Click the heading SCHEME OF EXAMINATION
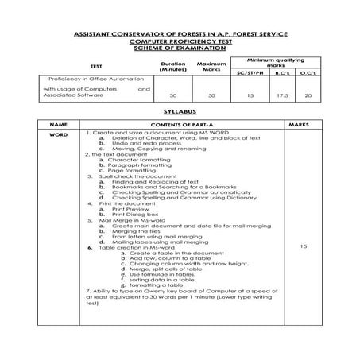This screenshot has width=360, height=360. [180, 48]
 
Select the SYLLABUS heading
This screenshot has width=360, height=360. [179, 113]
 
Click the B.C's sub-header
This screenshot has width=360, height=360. [281, 72]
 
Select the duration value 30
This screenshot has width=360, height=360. [172, 95]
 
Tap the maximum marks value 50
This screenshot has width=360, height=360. [211, 95]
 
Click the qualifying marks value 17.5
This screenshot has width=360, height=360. [281, 95]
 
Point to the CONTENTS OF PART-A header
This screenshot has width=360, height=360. [180, 126]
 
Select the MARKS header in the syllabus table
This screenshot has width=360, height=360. [299, 126]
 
